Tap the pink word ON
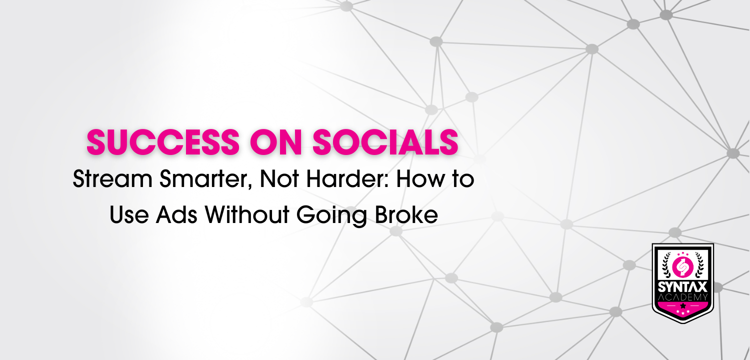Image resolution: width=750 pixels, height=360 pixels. pyautogui.click(x=276, y=142)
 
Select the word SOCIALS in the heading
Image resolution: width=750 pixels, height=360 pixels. pyautogui.click(x=385, y=142)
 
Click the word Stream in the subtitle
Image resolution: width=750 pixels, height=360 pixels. pyautogui.click(x=112, y=179)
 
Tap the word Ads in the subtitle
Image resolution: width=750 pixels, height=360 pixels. pyautogui.click(x=176, y=214)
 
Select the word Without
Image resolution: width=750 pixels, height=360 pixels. pyautogui.click(x=247, y=214)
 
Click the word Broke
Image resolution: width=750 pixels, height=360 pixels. pyautogui.click(x=406, y=214)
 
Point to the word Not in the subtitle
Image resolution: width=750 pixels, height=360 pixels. pyautogui.click(x=279, y=179)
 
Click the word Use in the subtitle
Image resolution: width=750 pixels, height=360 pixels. pyautogui.click(x=129, y=214)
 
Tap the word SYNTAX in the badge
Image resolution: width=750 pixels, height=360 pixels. pyautogui.click(x=682, y=287)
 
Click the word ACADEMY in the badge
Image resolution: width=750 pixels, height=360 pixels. pyautogui.click(x=682, y=297)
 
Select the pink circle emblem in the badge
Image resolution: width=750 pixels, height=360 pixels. pyautogui.click(x=682, y=267)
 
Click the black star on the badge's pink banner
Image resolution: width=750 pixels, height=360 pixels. pyautogui.click(x=683, y=305)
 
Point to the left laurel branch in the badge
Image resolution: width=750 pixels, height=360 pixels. pyautogui.click(x=666, y=264)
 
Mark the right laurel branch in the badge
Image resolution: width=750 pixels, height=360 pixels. pyautogui.click(x=699, y=264)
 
